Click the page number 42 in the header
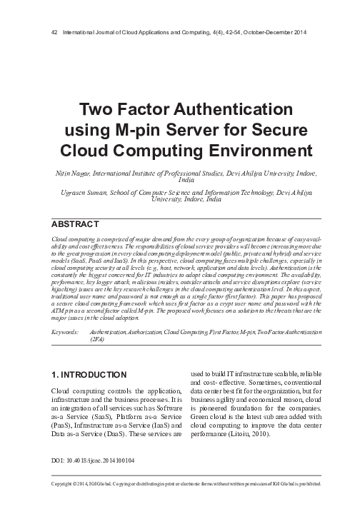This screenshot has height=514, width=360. coord(48,33)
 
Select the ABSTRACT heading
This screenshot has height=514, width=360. coord(76,224)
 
